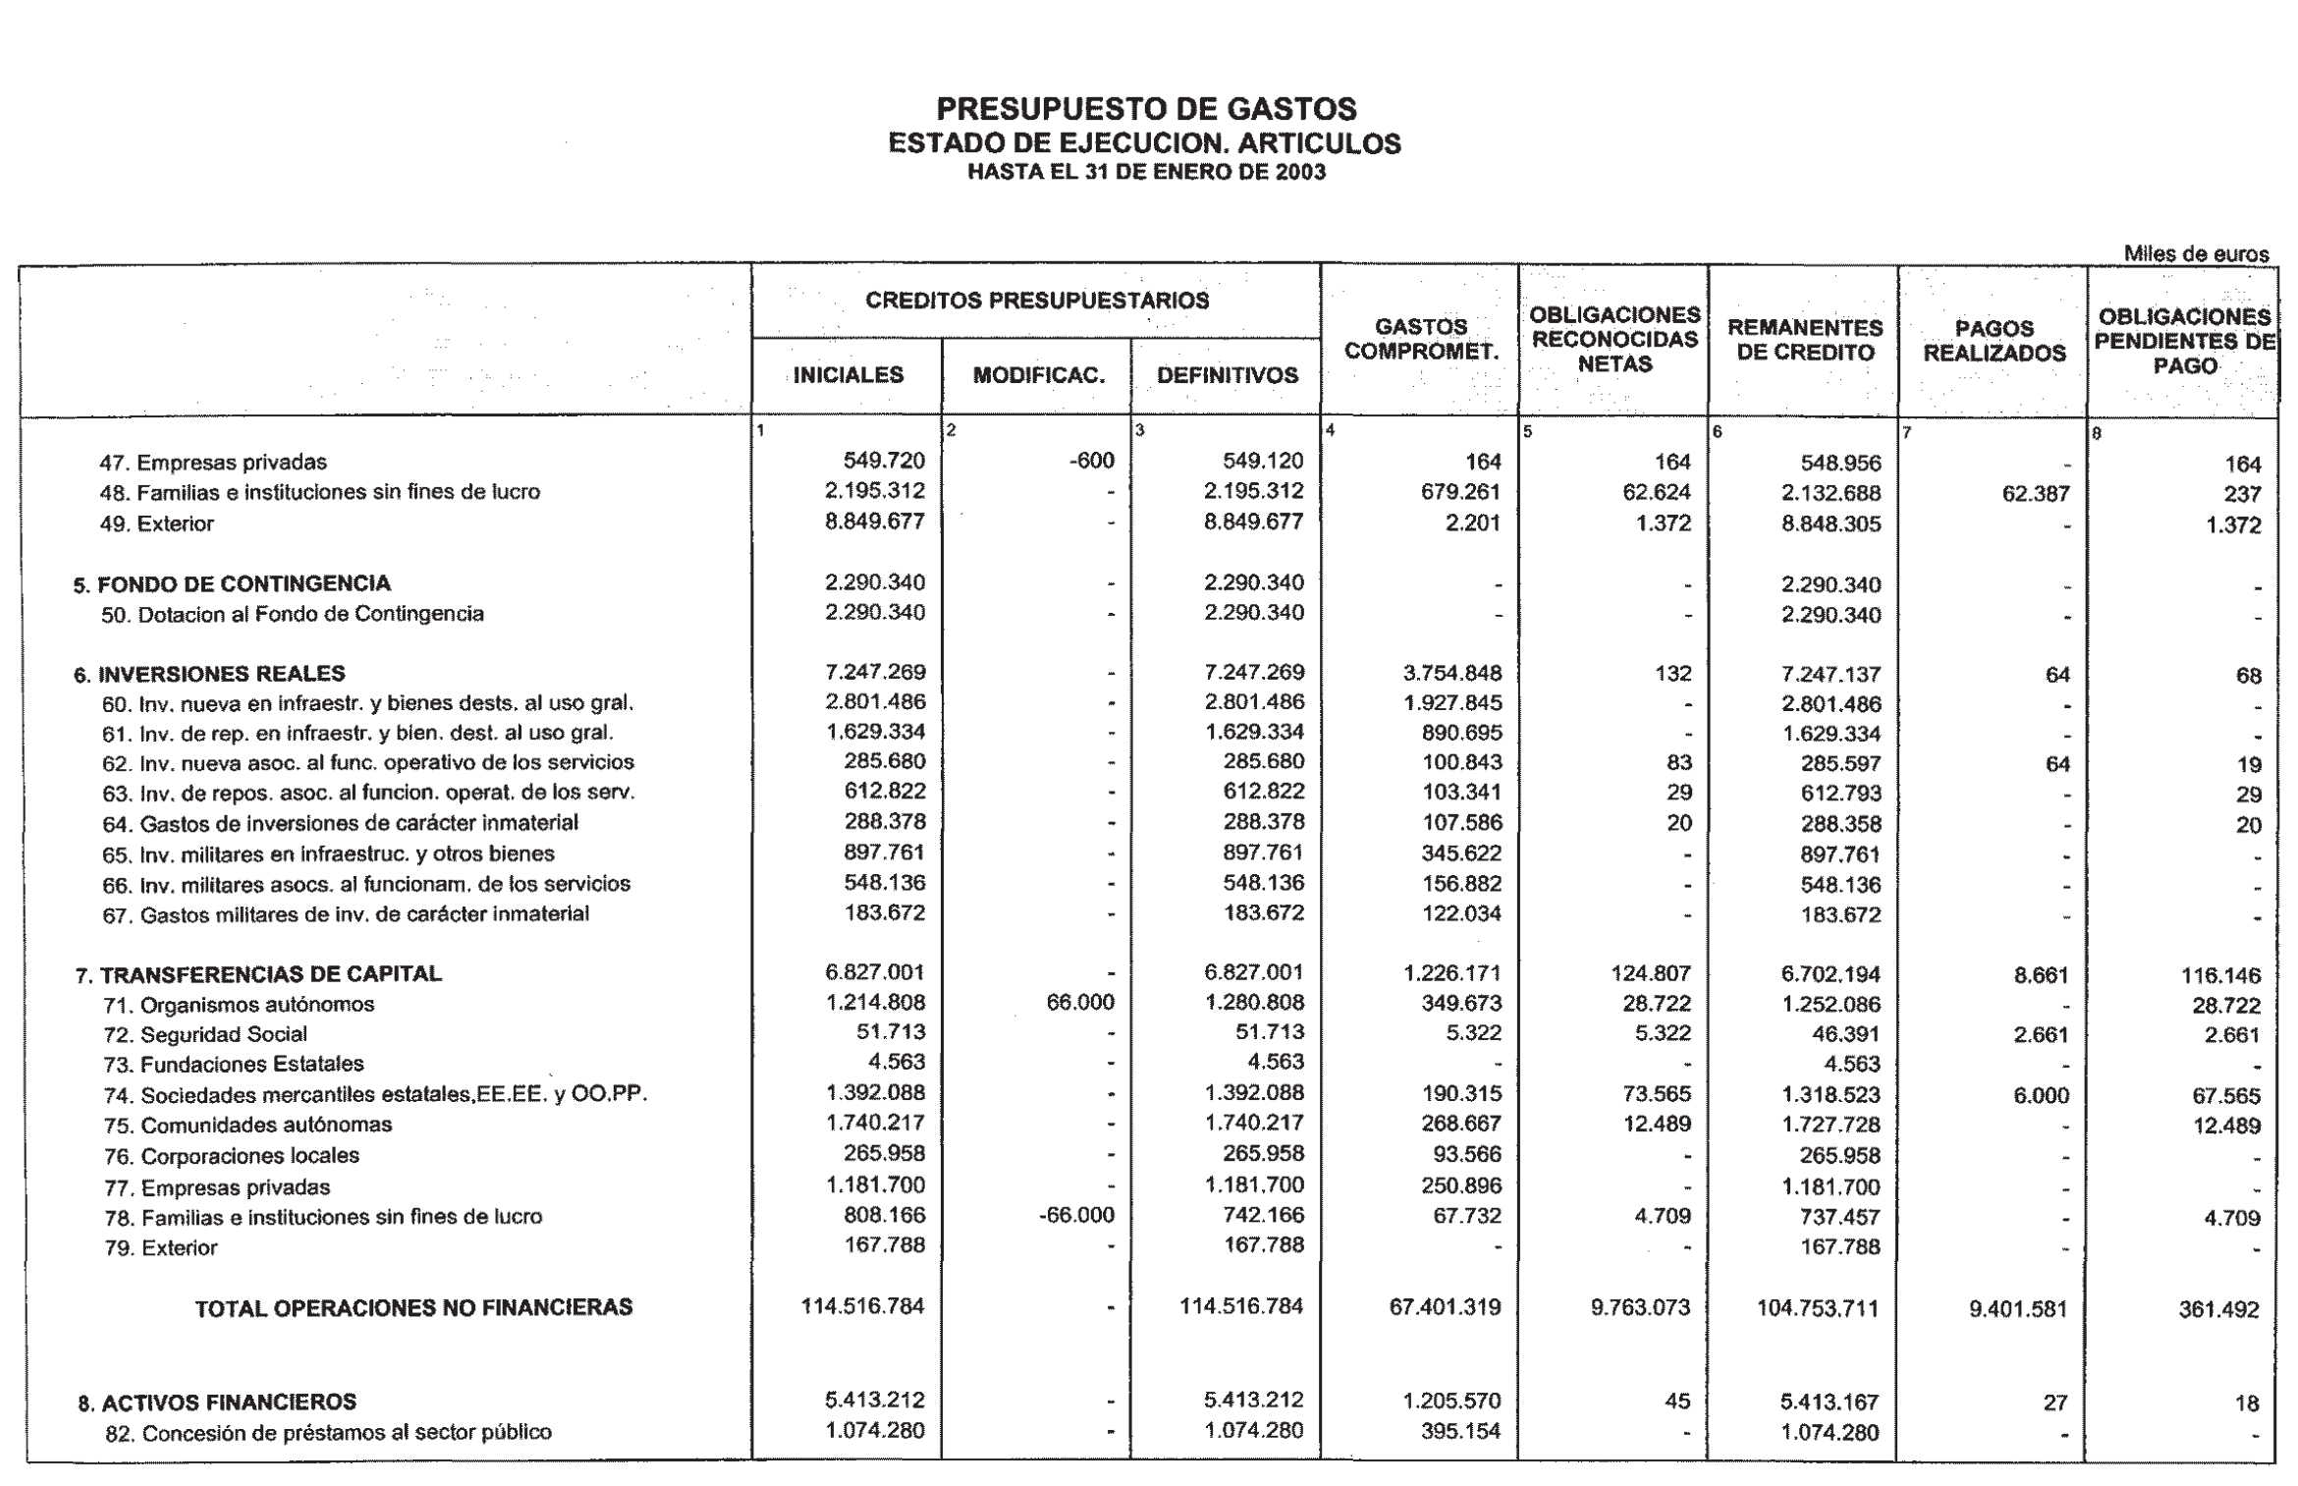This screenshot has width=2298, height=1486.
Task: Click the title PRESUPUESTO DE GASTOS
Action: coord(1145,108)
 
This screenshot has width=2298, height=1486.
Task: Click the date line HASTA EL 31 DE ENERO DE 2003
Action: coord(1145,173)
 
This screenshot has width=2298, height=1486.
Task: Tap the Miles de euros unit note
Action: coord(2196,253)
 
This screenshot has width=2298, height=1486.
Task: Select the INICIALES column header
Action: coord(848,375)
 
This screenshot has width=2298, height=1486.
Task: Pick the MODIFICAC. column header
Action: coord(1038,376)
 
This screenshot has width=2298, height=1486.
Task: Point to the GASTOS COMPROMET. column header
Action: coord(1420,339)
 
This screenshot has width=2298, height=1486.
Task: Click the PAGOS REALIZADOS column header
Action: coord(1994,341)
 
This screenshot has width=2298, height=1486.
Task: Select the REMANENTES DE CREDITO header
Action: coord(1804,340)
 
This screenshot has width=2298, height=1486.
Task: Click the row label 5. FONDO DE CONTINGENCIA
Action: coord(232,584)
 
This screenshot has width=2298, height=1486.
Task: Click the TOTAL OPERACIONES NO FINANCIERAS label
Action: coord(413,1308)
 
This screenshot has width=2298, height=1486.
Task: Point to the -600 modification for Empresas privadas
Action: coord(1090,461)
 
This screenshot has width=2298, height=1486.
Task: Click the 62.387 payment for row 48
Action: coord(2035,494)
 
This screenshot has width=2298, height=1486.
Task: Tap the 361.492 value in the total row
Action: coord(2218,1310)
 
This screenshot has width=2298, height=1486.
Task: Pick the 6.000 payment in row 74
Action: coord(2041,1096)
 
